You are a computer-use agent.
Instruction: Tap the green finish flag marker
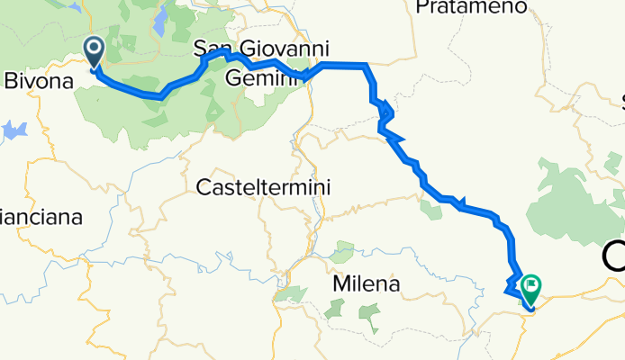point(530,288)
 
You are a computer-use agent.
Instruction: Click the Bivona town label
point(39,82)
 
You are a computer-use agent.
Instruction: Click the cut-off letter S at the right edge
point(620,99)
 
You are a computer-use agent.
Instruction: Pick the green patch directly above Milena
point(341,251)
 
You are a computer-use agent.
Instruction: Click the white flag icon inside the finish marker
point(530,286)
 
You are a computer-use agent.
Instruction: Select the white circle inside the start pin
point(94,49)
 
